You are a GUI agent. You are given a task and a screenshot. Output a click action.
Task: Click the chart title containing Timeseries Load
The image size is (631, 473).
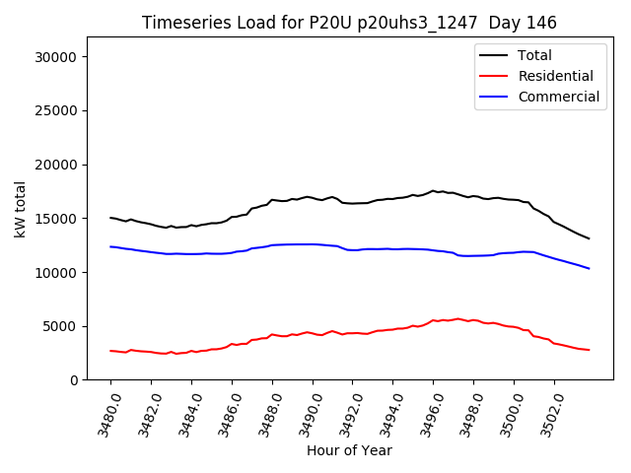point(349,23)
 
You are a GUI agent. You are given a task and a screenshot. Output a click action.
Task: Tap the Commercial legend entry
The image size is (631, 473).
point(558,97)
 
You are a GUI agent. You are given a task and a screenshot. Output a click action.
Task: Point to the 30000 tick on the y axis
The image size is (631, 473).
point(56,57)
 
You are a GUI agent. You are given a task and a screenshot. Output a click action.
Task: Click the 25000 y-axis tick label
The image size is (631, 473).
point(56,111)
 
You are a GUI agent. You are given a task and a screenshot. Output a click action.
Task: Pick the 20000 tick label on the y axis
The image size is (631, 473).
point(56,165)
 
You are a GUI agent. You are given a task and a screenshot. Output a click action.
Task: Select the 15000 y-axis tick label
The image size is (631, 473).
point(56,219)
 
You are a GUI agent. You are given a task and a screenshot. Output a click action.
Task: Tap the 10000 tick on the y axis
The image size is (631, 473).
point(56,272)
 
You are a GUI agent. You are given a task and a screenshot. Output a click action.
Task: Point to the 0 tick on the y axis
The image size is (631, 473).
point(74,380)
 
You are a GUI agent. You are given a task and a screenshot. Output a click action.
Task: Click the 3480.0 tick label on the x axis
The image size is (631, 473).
point(102,412)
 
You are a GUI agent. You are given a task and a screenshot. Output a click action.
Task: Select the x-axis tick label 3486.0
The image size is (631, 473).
point(223,412)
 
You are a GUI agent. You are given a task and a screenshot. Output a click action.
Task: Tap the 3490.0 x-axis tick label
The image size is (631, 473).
point(304,412)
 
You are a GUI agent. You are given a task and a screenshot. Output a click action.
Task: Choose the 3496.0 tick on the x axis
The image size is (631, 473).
point(424,412)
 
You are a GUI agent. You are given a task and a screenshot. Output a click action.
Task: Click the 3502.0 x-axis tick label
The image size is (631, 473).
point(545,412)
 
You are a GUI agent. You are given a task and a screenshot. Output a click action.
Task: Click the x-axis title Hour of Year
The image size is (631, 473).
point(349,451)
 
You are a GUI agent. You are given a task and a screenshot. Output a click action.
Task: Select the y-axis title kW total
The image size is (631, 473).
point(21,210)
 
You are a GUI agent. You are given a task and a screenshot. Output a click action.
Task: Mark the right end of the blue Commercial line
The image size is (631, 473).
point(590,269)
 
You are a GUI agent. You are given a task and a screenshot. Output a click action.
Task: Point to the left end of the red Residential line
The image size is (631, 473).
point(110,351)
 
